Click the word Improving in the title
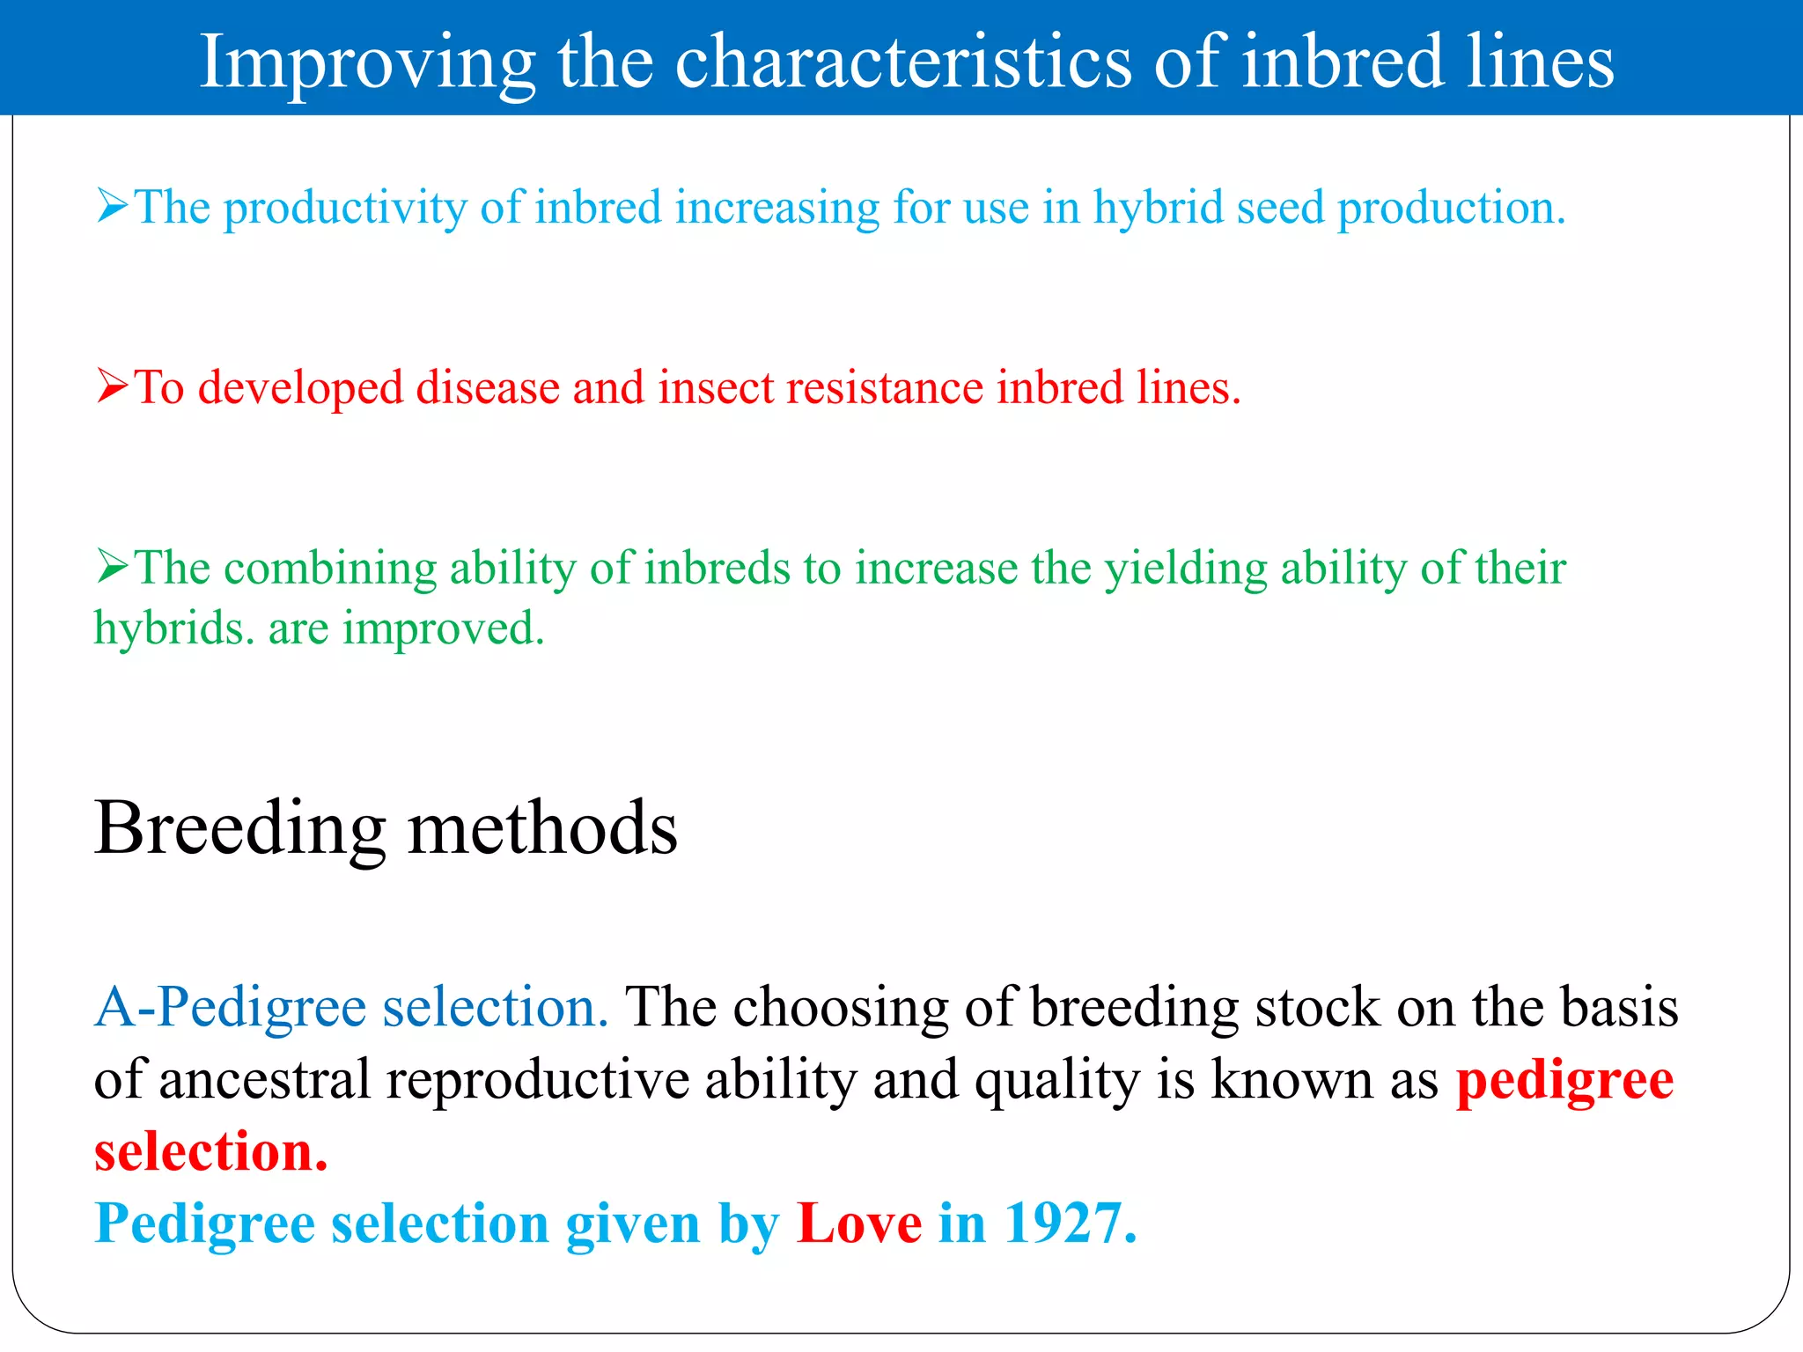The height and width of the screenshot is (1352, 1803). tap(367, 63)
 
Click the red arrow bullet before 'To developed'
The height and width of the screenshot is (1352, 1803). tap(113, 386)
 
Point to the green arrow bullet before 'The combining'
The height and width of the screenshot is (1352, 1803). tap(113, 566)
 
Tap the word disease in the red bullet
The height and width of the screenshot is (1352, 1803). tap(488, 388)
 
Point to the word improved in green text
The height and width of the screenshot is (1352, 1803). tap(444, 630)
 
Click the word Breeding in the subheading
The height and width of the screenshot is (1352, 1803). tap(240, 829)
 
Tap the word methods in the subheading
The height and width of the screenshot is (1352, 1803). tap(543, 829)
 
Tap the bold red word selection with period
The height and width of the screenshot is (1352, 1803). tap(210, 1152)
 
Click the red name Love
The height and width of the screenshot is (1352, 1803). tap(859, 1223)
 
